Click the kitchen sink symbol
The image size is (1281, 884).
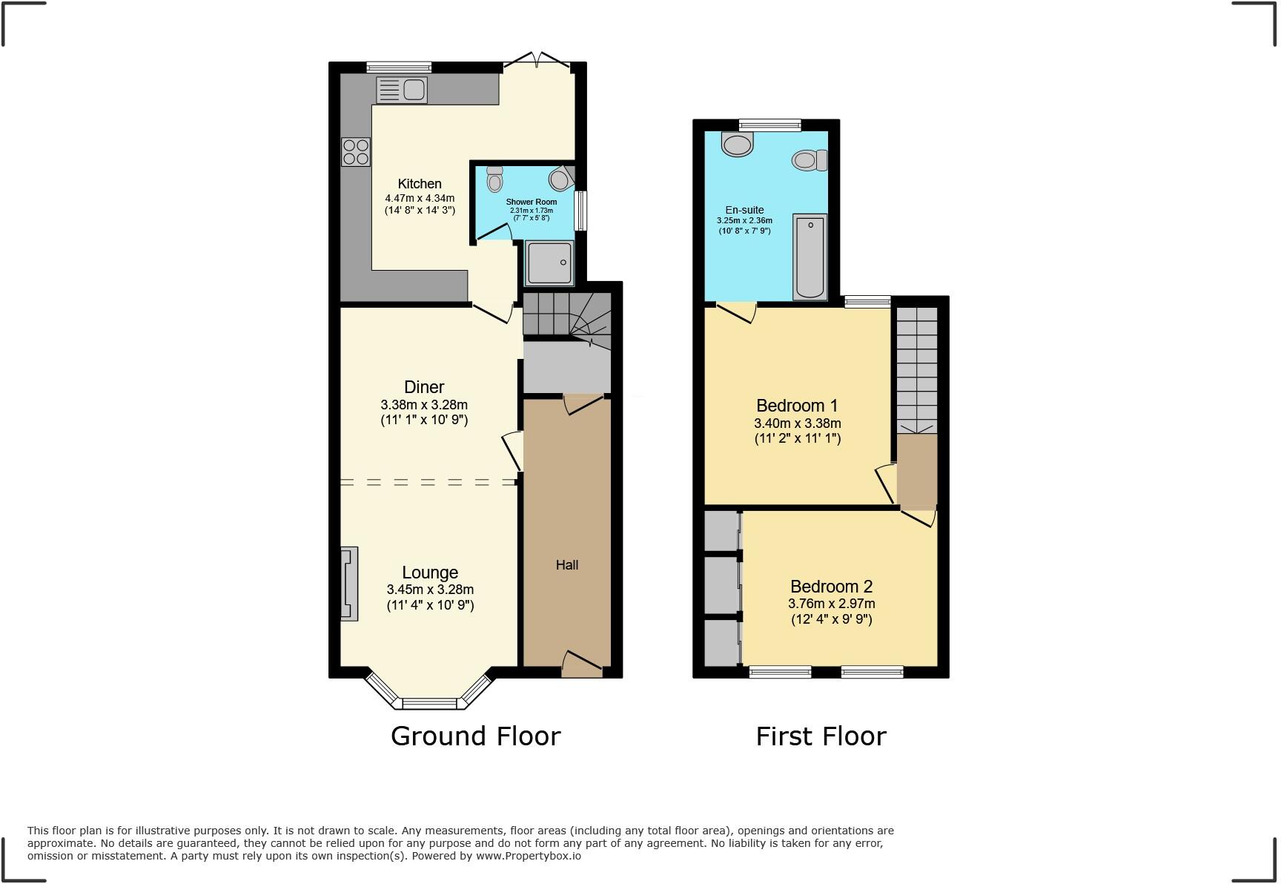tap(402, 90)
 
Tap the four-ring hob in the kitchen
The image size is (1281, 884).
tap(356, 153)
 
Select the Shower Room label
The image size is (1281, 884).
tap(531, 202)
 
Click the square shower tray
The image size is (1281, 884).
tap(549, 263)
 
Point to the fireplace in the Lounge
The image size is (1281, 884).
tap(349, 584)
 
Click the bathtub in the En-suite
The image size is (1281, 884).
tap(810, 257)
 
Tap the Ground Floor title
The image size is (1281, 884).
tap(475, 736)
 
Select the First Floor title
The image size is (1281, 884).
tap(821, 736)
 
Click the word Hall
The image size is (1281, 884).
tap(567, 565)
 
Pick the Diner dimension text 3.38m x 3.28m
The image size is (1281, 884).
tap(424, 405)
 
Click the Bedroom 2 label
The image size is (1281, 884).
tap(831, 587)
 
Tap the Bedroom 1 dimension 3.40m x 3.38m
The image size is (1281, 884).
tap(797, 423)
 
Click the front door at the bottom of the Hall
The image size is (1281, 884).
tap(582, 664)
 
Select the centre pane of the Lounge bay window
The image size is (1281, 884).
tap(430, 703)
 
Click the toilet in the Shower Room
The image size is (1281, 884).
tap(494, 179)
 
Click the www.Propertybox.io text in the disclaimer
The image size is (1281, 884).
tap(528, 856)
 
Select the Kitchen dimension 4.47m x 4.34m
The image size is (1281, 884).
tap(420, 198)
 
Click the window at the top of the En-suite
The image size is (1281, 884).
tap(769, 125)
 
